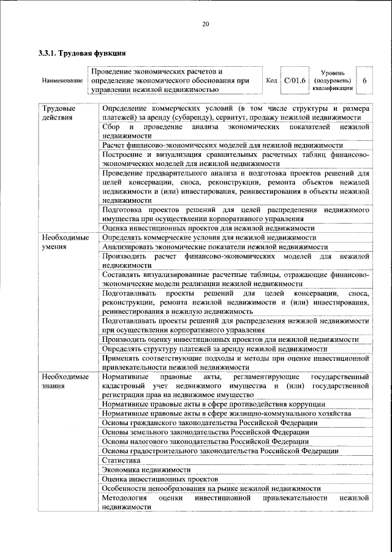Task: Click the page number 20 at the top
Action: [205, 24]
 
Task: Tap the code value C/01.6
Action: [295, 81]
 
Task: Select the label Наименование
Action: [62, 81]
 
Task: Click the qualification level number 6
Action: [364, 81]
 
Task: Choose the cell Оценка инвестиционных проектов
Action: [160, 478]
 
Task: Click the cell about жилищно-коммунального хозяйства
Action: [227, 414]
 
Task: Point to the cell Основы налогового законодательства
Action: [205, 441]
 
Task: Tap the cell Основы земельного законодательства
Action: [205, 432]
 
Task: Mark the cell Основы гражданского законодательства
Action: [209, 423]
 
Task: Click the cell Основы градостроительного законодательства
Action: [220, 450]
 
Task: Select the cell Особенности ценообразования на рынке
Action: [211, 488]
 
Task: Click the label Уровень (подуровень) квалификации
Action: [331, 81]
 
